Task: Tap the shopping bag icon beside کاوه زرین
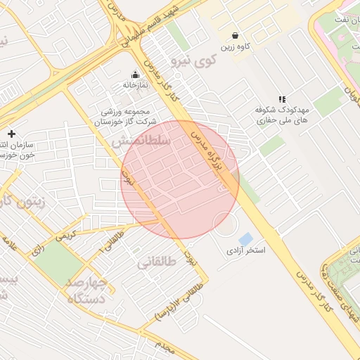(x=235, y=35)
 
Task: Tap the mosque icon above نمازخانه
(x=136, y=75)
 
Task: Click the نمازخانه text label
(x=136, y=85)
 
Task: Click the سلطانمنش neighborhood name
(x=141, y=141)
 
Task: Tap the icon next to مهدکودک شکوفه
(x=282, y=100)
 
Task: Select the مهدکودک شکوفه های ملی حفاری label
(x=283, y=116)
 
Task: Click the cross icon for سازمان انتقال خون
(x=11, y=134)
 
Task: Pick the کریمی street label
(x=65, y=237)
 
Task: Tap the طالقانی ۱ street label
(x=112, y=242)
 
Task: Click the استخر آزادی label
(x=245, y=250)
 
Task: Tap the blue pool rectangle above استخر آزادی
(x=246, y=238)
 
